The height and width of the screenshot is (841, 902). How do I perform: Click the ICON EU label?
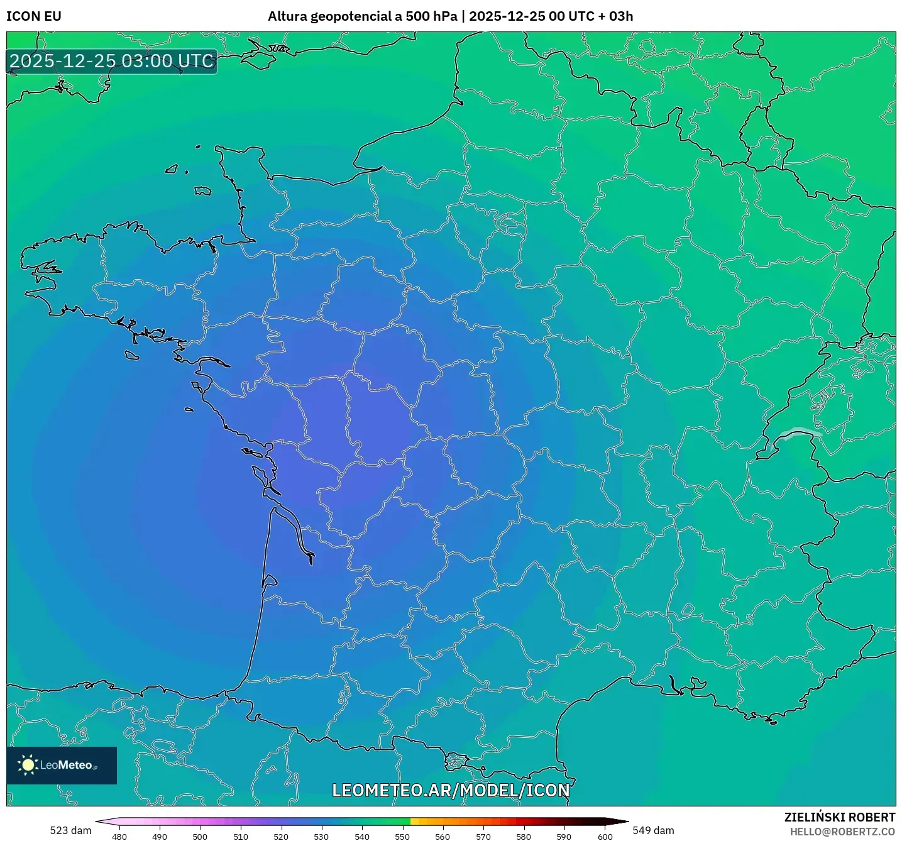[x=34, y=16]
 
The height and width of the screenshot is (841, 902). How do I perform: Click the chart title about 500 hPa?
[x=450, y=16]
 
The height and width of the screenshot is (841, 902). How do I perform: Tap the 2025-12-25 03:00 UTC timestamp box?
[x=112, y=62]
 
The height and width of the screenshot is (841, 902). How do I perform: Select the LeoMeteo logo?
[x=62, y=765]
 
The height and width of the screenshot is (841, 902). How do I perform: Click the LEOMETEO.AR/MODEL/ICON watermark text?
[x=451, y=790]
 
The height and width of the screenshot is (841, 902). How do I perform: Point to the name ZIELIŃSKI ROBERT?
[x=839, y=817]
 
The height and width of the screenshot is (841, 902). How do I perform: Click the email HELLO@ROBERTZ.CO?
[x=842, y=832]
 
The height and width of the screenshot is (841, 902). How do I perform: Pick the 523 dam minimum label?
[x=70, y=830]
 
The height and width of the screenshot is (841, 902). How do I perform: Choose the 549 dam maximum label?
[x=653, y=830]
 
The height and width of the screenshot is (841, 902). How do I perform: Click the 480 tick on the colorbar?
[x=119, y=837]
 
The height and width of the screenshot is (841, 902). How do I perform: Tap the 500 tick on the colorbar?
[x=200, y=837]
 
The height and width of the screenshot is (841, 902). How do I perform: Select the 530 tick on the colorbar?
[x=321, y=837]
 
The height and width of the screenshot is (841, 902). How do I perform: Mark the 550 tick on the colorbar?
[x=402, y=837]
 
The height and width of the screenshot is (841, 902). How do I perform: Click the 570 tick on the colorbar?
[x=483, y=837]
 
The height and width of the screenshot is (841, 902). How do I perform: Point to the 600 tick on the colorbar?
[x=605, y=837]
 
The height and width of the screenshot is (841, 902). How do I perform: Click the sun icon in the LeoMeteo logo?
[x=28, y=765]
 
